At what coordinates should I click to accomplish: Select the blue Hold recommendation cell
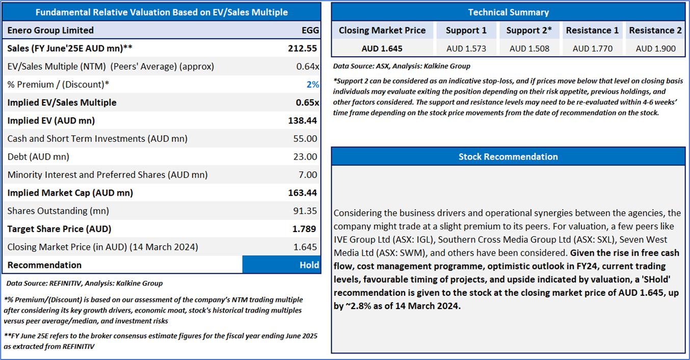(281, 265)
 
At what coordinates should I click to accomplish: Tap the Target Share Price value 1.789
(304, 229)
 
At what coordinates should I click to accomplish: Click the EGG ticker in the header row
(310, 31)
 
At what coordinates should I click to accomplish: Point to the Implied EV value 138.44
(303, 121)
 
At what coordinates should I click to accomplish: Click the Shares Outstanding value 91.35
(306, 211)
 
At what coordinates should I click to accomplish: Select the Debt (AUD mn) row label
(38, 157)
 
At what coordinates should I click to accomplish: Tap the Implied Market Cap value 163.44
(303, 193)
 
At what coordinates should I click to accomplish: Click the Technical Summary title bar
(508, 12)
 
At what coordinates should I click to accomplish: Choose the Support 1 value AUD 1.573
(466, 49)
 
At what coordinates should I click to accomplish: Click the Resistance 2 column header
(655, 31)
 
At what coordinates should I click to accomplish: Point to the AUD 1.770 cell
(592, 49)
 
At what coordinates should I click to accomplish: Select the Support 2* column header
(529, 31)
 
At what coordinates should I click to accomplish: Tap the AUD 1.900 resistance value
(655, 49)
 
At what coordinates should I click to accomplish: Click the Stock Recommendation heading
(508, 157)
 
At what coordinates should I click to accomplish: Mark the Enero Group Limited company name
(50, 31)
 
